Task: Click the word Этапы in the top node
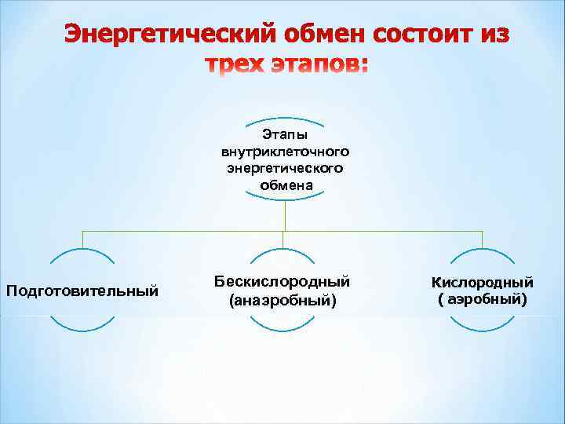coord(285,135)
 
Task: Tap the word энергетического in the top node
coord(285,167)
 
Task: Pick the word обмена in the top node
coord(285,185)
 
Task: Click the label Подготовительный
coord(82,291)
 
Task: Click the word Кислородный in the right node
coord(482,282)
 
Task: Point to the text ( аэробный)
coord(482,299)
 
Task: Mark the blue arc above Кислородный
coord(482,252)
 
